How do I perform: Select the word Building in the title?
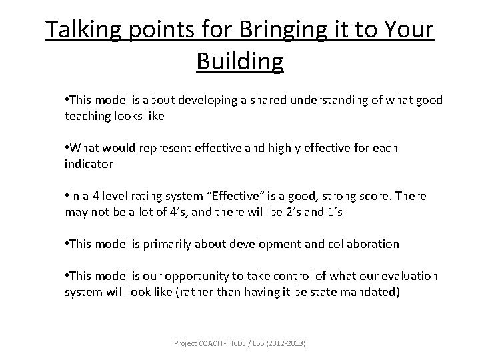tap(240, 61)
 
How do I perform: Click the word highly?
tap(290, 148)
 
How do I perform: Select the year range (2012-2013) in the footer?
tap(288, 343)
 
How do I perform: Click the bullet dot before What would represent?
tap(67, 148)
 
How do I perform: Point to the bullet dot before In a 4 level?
tap(67, 196)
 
